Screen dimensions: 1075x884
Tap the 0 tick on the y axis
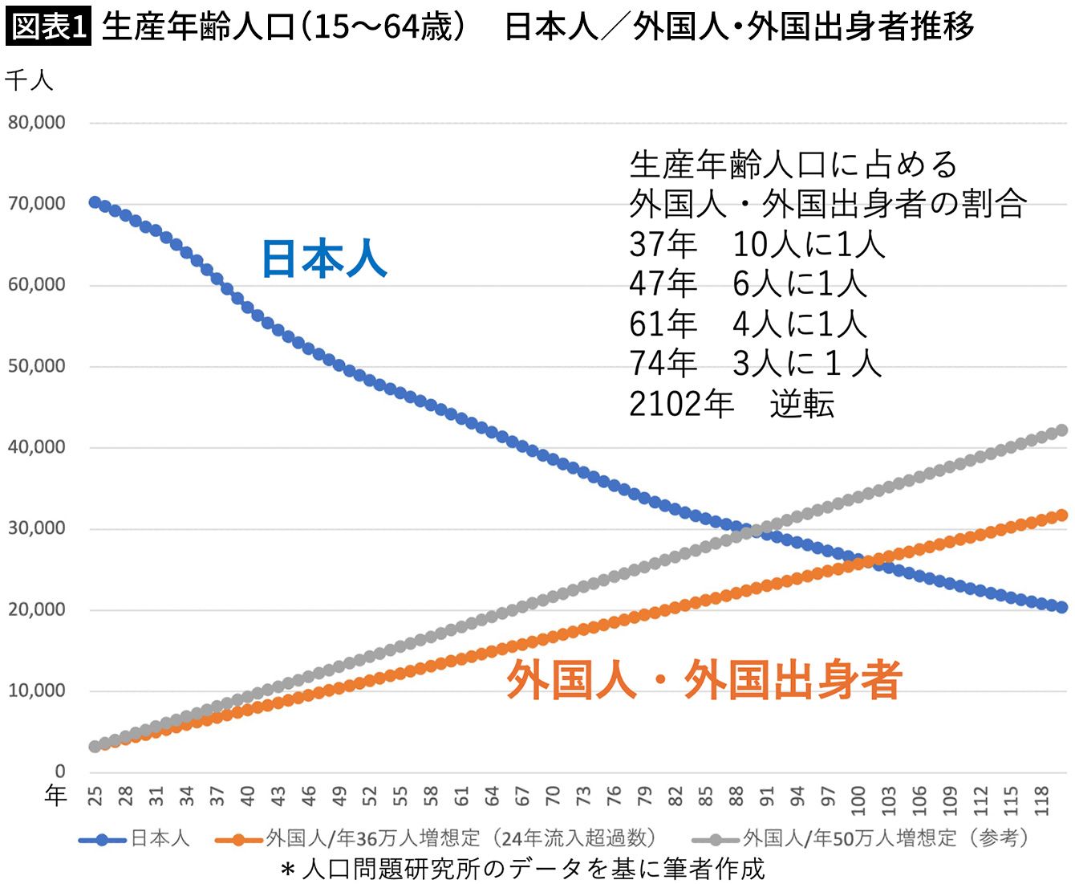pos(60,771)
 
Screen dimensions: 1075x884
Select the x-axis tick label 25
pos(95,796)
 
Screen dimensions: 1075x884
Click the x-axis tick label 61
pos(461,796)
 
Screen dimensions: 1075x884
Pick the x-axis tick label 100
pos(858,800)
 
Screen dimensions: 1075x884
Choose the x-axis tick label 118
pos(1041,800)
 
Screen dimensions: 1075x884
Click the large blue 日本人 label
pos(325,259)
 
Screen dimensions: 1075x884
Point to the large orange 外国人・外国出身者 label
pos(704,679)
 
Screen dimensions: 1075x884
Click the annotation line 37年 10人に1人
pos(757,244)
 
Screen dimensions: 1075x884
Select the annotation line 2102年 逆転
pos(732,405)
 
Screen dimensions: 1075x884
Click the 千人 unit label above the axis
pos(29,80)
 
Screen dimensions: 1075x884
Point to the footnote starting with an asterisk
pos(522,869)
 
